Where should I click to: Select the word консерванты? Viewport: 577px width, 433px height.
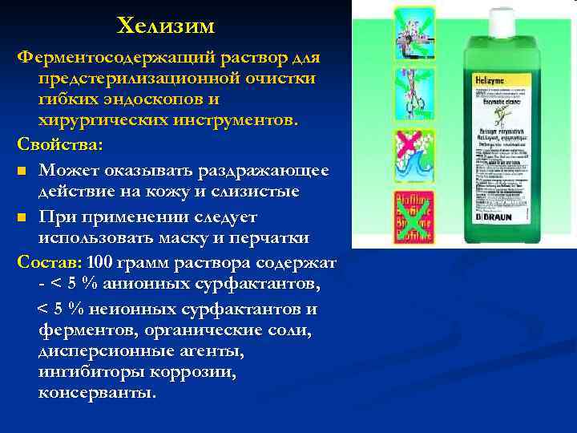pyautogui.click(x=97, y=394)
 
